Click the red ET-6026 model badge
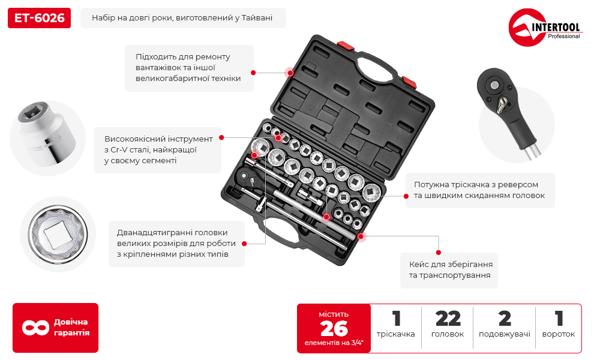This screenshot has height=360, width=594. [39, 18]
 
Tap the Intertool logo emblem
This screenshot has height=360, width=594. [527, 27]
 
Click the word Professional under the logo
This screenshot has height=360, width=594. [563, 37]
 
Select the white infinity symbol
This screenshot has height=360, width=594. [35, 328]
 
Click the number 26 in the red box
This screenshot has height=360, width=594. [334, 329]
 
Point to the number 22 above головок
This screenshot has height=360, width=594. [448, 319]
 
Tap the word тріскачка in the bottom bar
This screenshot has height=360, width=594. [395, 334]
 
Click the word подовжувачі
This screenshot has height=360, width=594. [504, 334]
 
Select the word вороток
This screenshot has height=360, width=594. [559, 334]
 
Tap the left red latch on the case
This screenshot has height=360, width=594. [346, 46]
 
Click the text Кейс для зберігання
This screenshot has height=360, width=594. [451, 265]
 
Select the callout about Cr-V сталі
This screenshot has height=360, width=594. [158, 150]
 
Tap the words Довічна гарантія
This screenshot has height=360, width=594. [71, 328]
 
